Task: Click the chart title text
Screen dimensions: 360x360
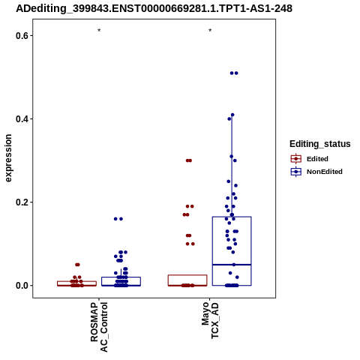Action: coord(154,8)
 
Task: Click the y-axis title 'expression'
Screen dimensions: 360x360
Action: coord(8,158)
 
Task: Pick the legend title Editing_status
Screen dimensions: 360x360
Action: coord(320,144)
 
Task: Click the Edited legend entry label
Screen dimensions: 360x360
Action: coord(317,159)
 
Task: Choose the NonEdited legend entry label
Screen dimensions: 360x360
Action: coord(325,172)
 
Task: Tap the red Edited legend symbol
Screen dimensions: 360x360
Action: coord(296,159)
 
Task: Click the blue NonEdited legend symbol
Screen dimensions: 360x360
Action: coord(296,172)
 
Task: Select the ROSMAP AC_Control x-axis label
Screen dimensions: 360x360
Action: coord(99,327)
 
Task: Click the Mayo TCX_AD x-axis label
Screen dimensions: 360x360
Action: coord(210,320)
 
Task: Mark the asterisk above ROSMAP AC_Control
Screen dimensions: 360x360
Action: coord(99,31)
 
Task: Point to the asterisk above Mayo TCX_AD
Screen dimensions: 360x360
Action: coord(210,31)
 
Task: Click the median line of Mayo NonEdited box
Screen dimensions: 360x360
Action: coord(232,265)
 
